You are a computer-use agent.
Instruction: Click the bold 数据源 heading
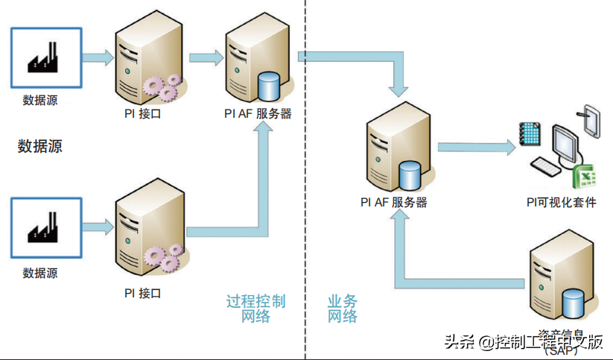tap(39, 146)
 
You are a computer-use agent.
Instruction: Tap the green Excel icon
tap(585, 177)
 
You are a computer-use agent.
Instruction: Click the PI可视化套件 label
tap(561, 202)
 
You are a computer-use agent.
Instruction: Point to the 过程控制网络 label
tap(255, 309)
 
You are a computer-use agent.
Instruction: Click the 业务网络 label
tap(343, 309)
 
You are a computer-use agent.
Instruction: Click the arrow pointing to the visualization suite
tap(477, 147)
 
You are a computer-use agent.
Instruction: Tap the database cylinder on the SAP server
tap(573, 303)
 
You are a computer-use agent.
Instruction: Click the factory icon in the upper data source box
tap(47, 58)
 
